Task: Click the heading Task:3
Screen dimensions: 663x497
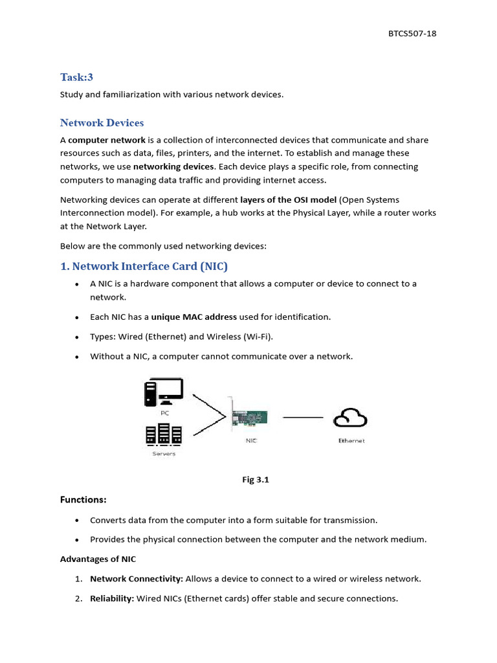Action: click(77, 77)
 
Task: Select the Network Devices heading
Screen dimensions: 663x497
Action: click(102, 122)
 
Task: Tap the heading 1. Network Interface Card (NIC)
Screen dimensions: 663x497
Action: click(144, 266)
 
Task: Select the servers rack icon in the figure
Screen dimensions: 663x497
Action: click(163, 435)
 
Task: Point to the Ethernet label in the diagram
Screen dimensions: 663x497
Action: click(351, 441)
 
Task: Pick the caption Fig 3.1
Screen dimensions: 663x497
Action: click(255, 480)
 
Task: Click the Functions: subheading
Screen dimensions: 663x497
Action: click(83, 499)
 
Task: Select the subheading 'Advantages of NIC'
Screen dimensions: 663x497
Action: click(98, 559)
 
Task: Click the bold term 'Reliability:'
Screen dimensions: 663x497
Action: click(112, 598)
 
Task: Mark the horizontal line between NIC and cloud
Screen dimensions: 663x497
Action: click(303, 418)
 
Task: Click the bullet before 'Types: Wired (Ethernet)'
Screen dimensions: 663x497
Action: click(78, 337)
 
